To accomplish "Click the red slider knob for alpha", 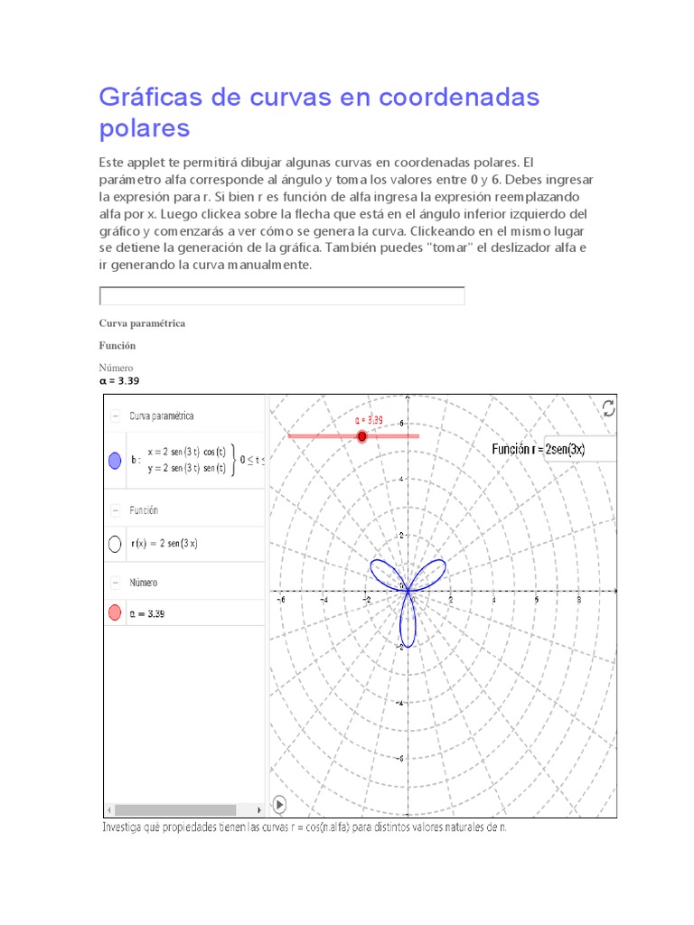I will coord(362,436).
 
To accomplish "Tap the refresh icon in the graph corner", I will coord(609,408).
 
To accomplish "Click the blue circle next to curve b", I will coord(115,461).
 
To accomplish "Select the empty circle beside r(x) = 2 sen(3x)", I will coord(115,544).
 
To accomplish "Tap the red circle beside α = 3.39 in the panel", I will coord(115,613).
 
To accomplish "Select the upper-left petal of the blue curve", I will coord(383,573).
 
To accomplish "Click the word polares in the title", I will coord(145,128).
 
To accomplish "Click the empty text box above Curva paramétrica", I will coord(281,296).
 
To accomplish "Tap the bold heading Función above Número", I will coord(117,345).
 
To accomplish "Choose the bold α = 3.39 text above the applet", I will coord(119,381).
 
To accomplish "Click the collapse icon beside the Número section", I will coord(116,583).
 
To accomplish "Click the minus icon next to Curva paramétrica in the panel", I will coord(116,416).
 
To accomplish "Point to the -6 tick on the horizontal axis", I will coord(281,598).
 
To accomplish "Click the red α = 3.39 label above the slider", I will coord(369,420).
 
